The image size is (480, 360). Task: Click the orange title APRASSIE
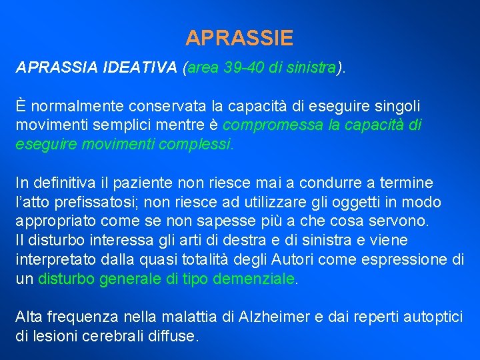(x=239, y=38)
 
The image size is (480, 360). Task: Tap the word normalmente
(x=72, y=106)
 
